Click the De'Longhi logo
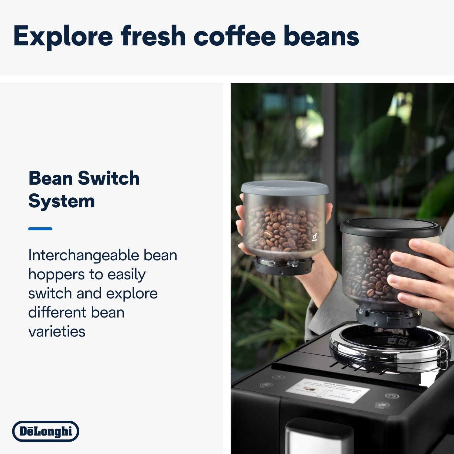tap(46, 431)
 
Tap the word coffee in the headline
tap(235, 36)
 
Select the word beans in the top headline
tap(321, 36)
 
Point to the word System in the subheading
tap(61, 201)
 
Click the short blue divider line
tap(40, 229)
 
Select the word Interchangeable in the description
tap(83, 255)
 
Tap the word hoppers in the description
tap(56, 275)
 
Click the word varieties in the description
tap(57, 331)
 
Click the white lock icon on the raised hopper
tap(315, 238)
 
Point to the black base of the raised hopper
tap(283, 265)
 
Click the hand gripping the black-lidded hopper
tap(421, 272)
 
